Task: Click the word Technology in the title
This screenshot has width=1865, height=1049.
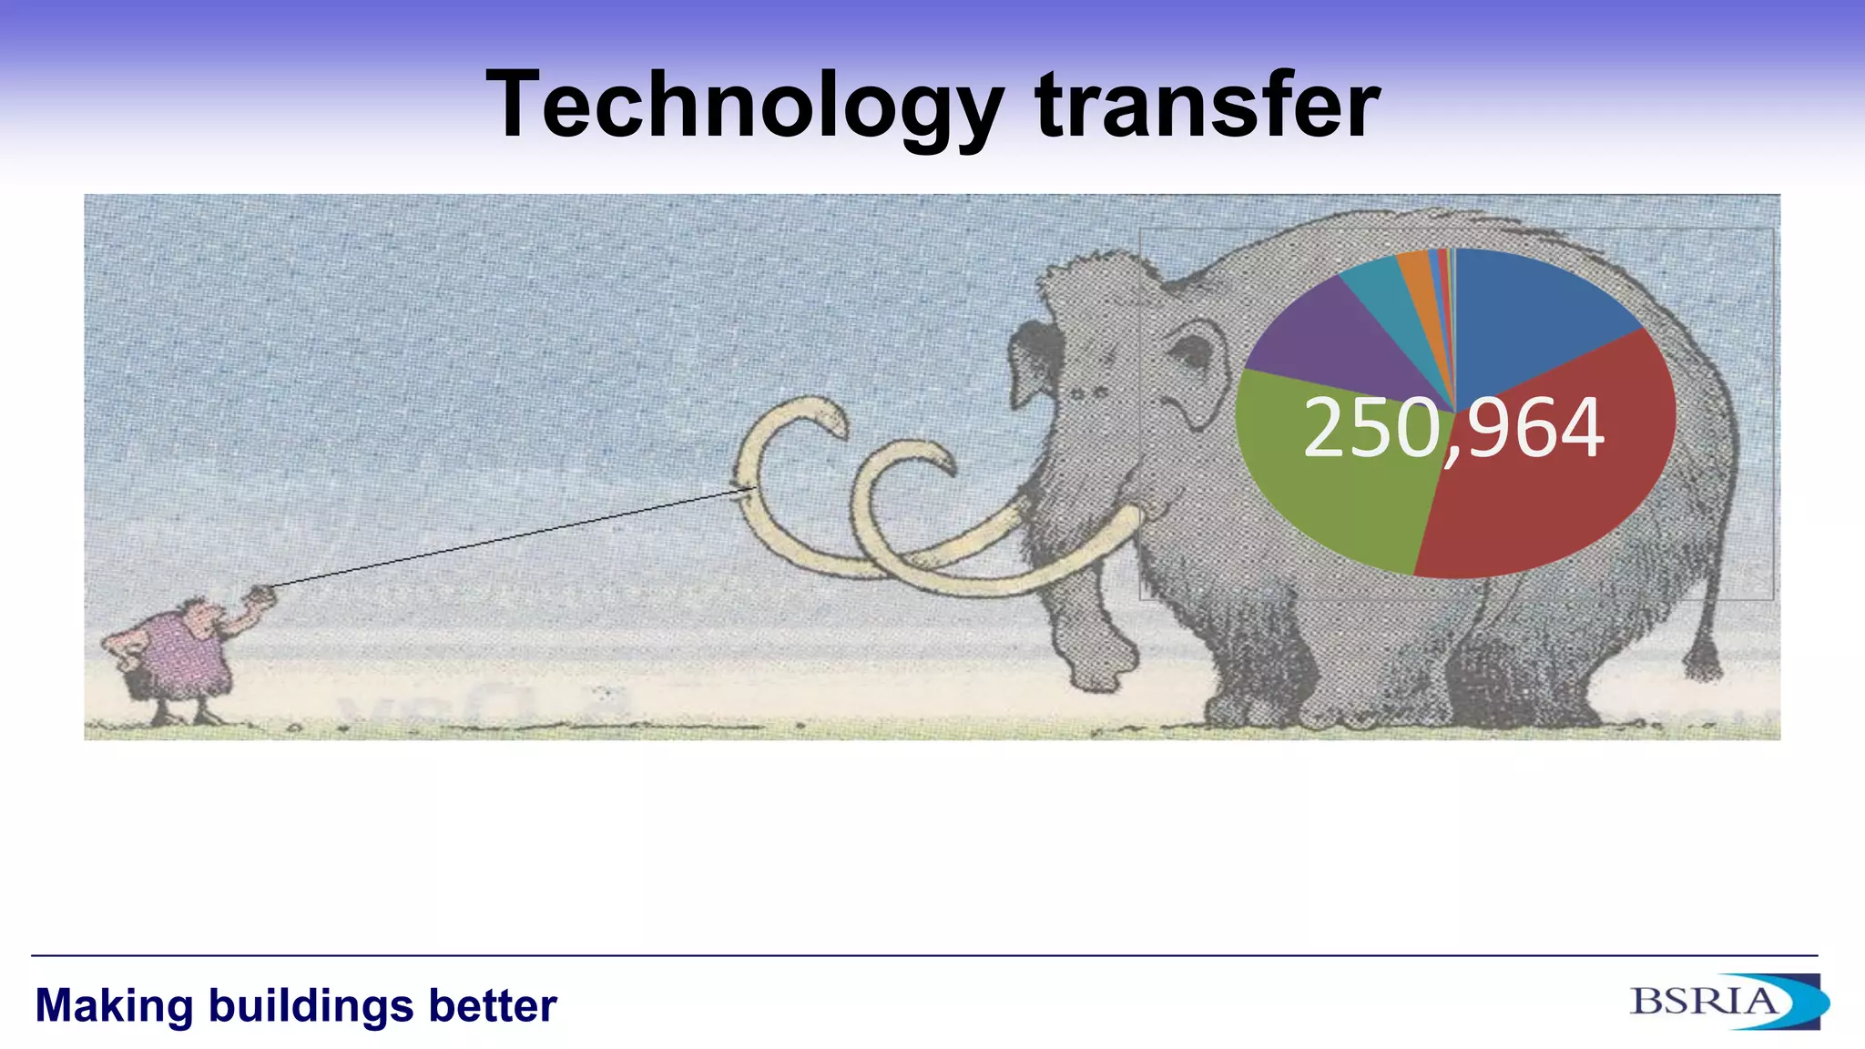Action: pyautogui.click(x=745, y=106)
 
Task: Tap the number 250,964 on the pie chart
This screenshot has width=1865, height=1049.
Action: pyautogui.click(x=1453, y=428)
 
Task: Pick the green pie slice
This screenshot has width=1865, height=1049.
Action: pyautogui.click(x=1330, y=474)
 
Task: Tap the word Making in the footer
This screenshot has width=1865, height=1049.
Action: pyautogui.click(x=114, y=1006)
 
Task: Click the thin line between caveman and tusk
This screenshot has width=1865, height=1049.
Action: pyautogui.click(x=510, y=537)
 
